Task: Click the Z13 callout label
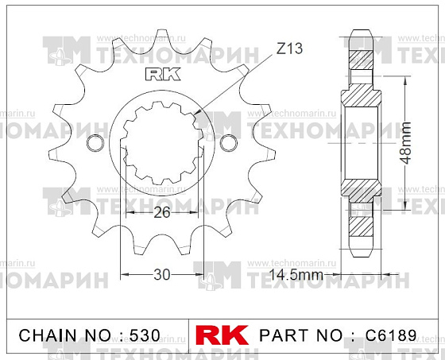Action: pos(289,48)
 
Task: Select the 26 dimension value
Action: pos(162,212)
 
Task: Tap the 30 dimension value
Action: pos(162,274)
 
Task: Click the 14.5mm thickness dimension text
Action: pos(296,274)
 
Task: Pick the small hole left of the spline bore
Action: pos(95,143)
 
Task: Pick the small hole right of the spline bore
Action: pos(229,143)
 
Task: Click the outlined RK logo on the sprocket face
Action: pos(163,74)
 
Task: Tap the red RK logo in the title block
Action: pos(222,335)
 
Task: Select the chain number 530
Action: pos(145,335)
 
